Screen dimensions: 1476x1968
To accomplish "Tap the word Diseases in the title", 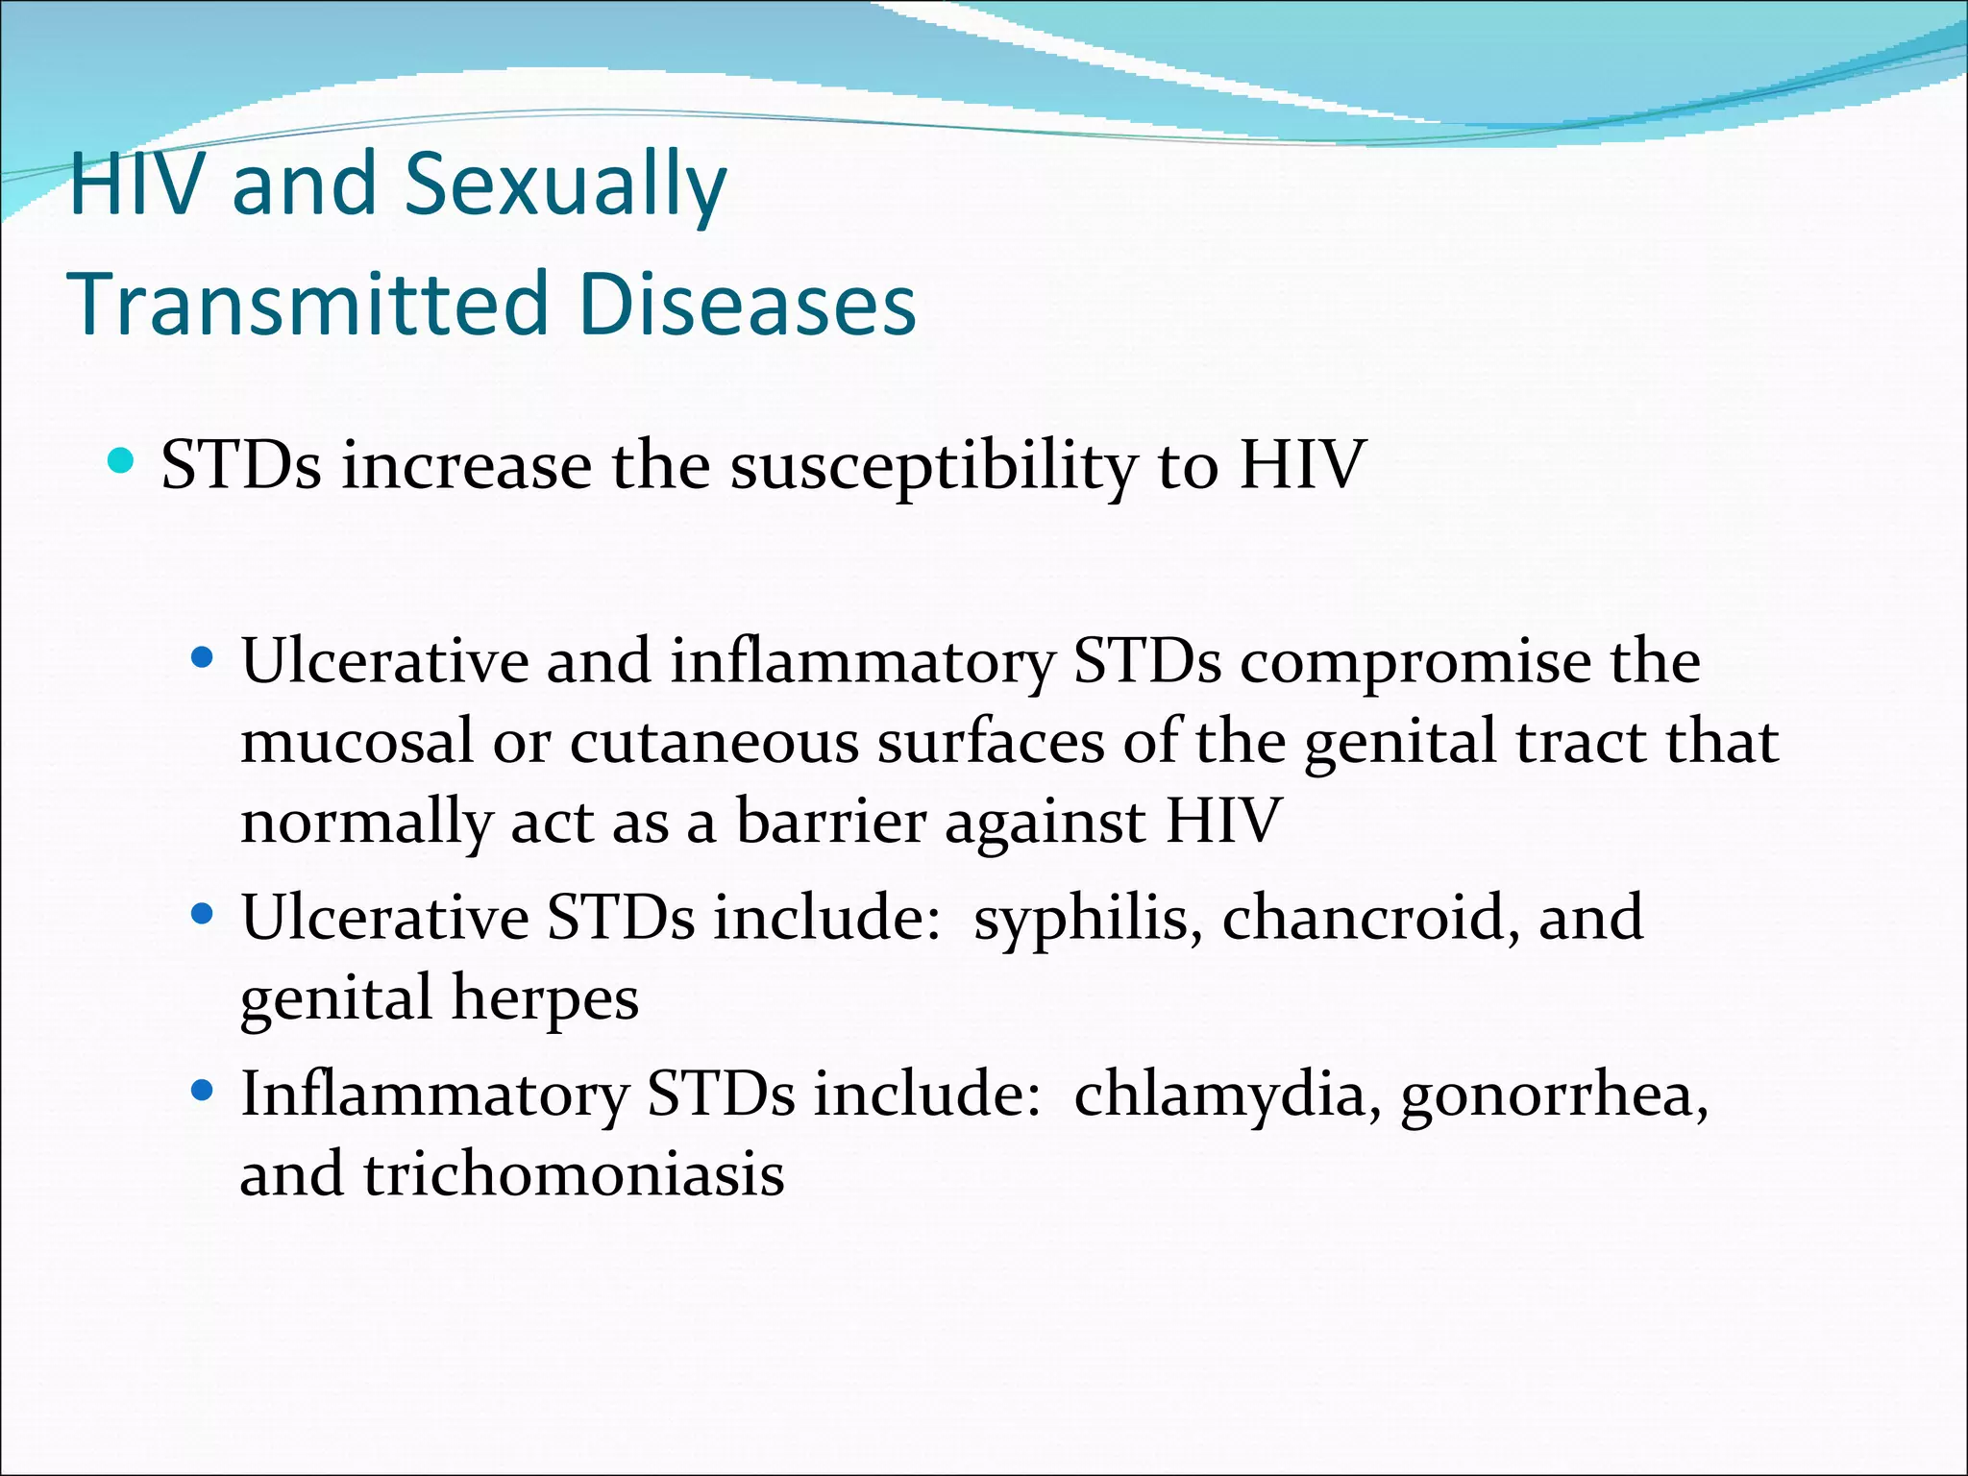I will [747, 305].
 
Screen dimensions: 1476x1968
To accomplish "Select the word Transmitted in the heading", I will [309, 305].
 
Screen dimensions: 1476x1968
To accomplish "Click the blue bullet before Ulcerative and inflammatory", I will [202, 659].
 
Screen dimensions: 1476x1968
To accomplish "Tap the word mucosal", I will [357, 742].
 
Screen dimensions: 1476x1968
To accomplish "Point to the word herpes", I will [545, 1000].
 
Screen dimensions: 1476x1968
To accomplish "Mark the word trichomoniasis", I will [574, 1174].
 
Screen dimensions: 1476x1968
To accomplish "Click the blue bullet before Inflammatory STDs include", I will [202, 1090].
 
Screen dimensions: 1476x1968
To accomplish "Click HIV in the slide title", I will [137, 184].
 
